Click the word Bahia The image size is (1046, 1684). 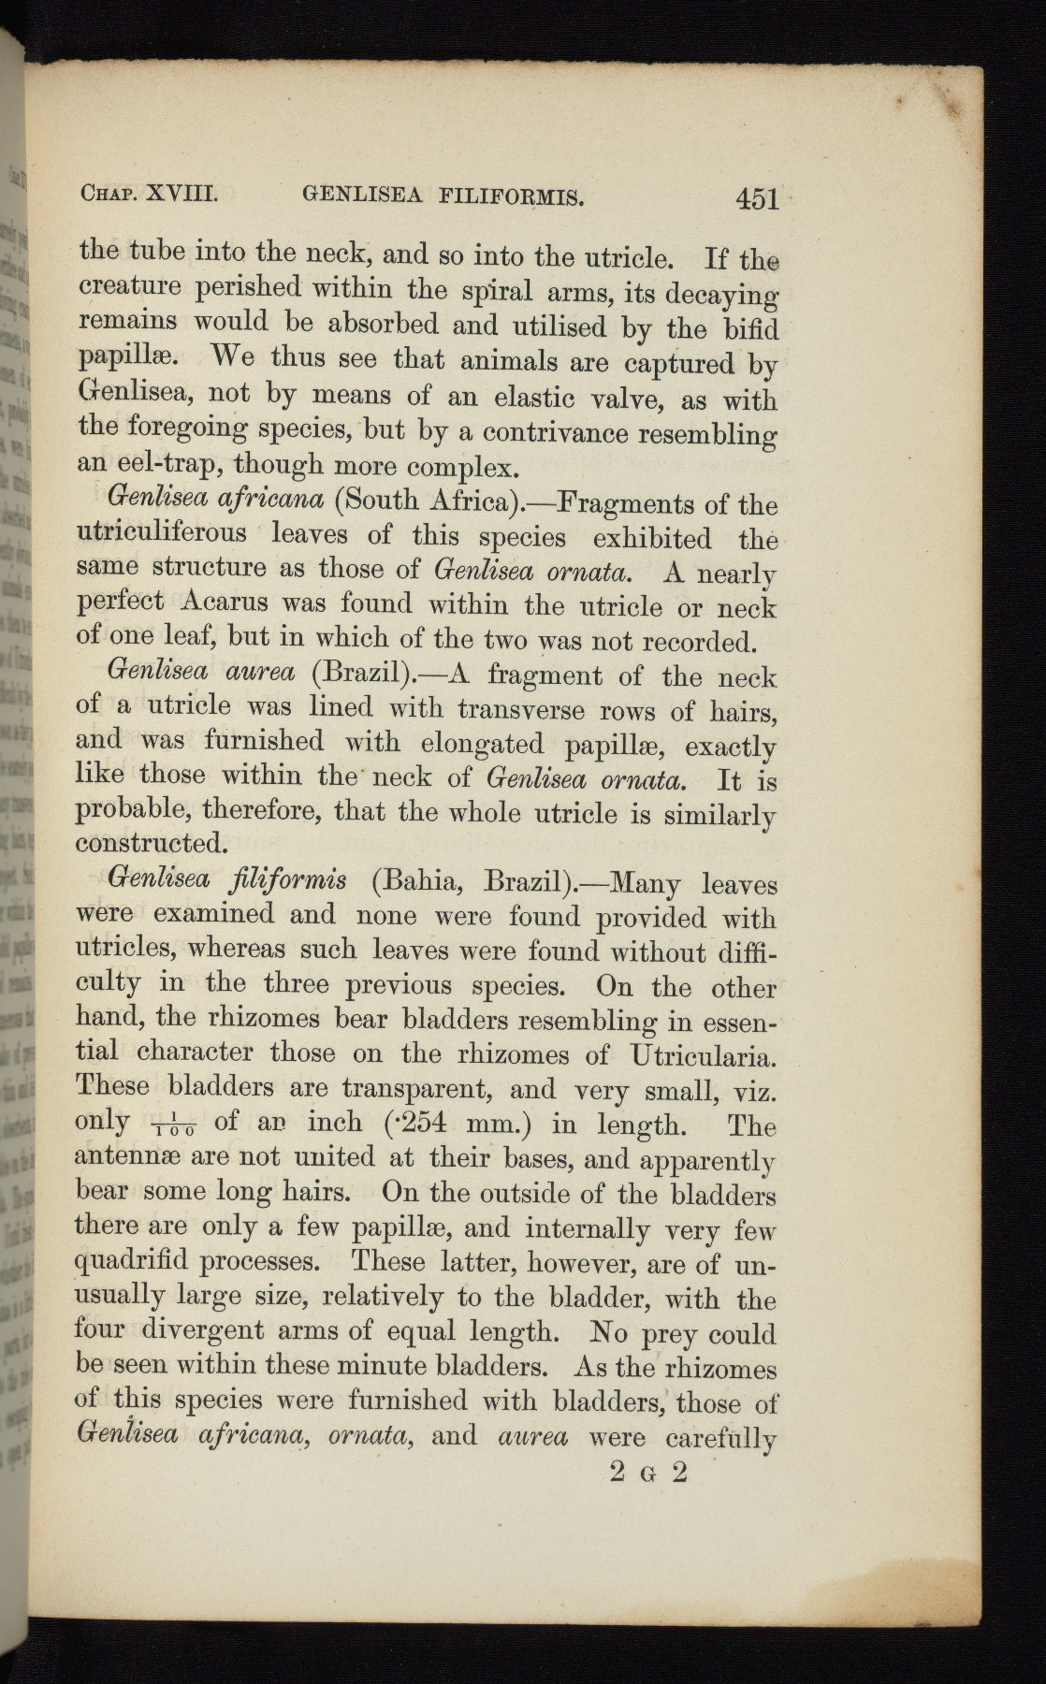pos(416,881)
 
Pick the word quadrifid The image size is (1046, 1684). pos(128,1262)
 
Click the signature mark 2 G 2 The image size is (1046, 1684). pos(648,1472)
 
